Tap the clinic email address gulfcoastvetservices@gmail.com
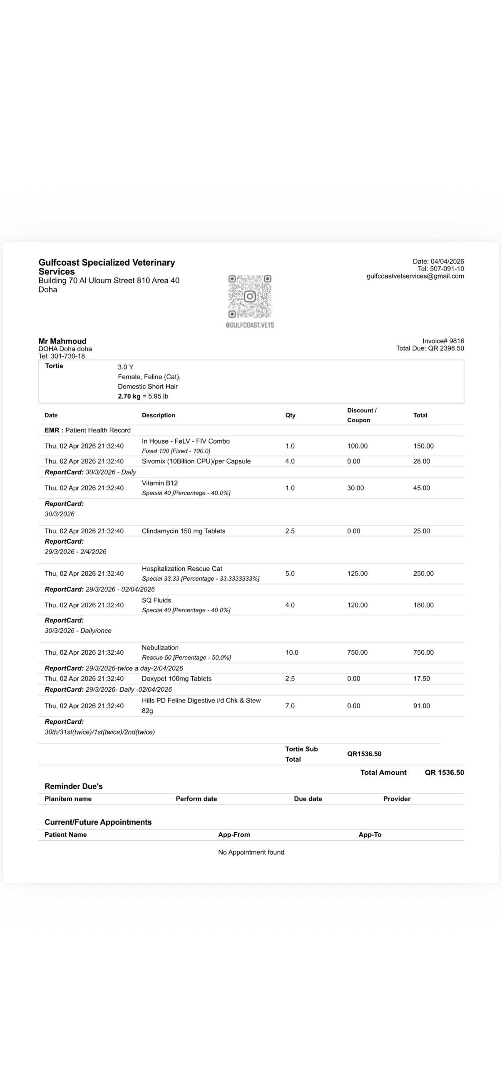pos(415,276)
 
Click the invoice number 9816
pos(456,341)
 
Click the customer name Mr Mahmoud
pos(62,341)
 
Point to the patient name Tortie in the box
pos(54,366)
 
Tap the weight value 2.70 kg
pos(129,397)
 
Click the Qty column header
pos(290,416)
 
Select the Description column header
pos(158,416)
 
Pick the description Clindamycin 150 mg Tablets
pos(184,531)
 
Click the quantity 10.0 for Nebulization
pos(291,653)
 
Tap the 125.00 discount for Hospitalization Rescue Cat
pos(357,574)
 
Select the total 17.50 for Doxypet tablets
pos(422,679)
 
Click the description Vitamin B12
pos(160,483)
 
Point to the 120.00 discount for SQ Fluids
pos(357,605)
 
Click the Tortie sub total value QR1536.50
pos(364,754)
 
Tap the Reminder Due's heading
pos(73,786)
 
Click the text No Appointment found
pos(251,852)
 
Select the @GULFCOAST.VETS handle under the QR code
pos(249,325)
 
